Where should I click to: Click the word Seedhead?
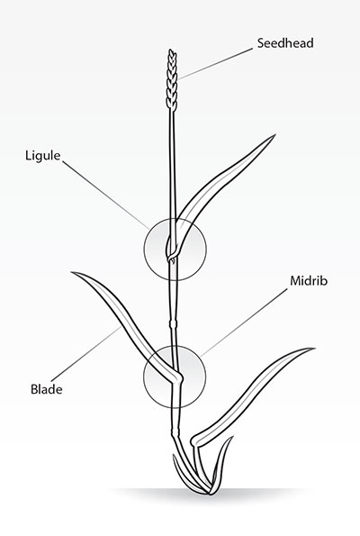285,43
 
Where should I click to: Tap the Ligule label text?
43,156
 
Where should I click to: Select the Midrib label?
309,281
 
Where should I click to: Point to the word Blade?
47,389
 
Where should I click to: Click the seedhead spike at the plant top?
172,80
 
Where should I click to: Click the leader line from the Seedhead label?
215,64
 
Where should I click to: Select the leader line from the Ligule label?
105,195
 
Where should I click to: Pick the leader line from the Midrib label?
244,323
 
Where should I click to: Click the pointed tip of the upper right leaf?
275,135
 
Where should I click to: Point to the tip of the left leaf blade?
72,272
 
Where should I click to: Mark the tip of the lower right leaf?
314,349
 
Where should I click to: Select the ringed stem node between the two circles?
173,323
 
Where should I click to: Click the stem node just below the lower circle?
175,432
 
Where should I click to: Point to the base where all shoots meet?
210,492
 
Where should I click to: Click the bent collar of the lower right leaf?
196,441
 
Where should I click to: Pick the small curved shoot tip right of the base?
231,438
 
